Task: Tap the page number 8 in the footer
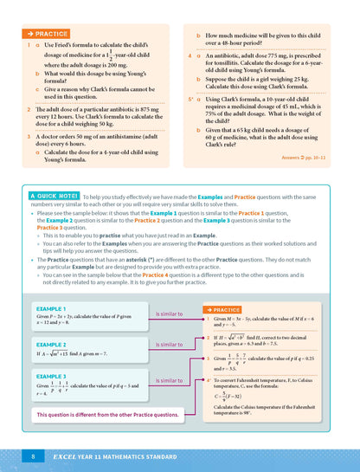[32, 456]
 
